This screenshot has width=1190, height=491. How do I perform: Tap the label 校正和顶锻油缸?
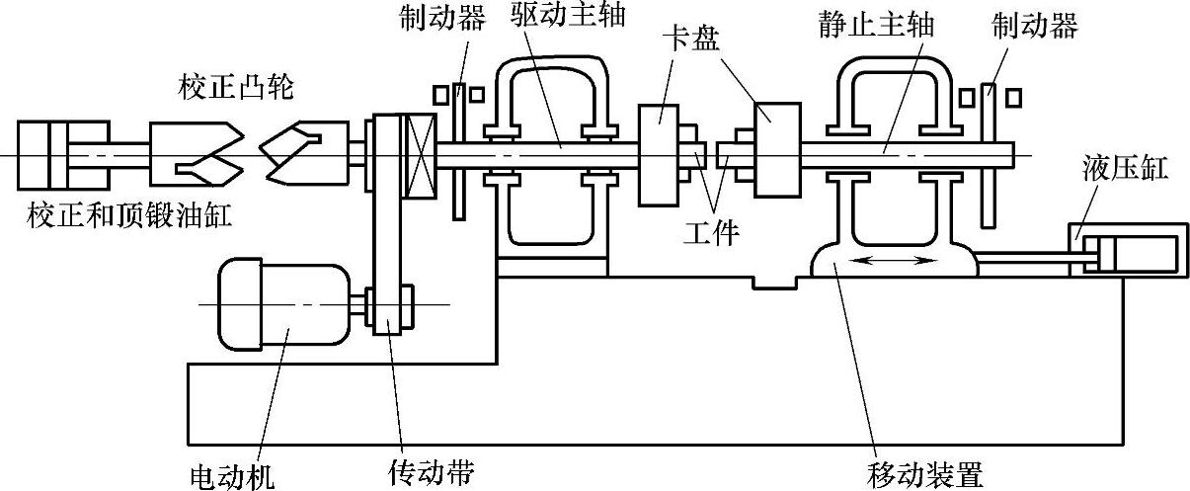pyautogui.click(x=130, y=215)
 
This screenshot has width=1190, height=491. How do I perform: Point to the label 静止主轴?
pyautogui.click(x=883, y=22)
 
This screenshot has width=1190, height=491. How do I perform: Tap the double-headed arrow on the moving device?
pyautogui.click(x=897, y=260)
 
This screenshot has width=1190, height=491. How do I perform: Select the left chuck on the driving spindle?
pyautogui.click(x=660, y=153)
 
